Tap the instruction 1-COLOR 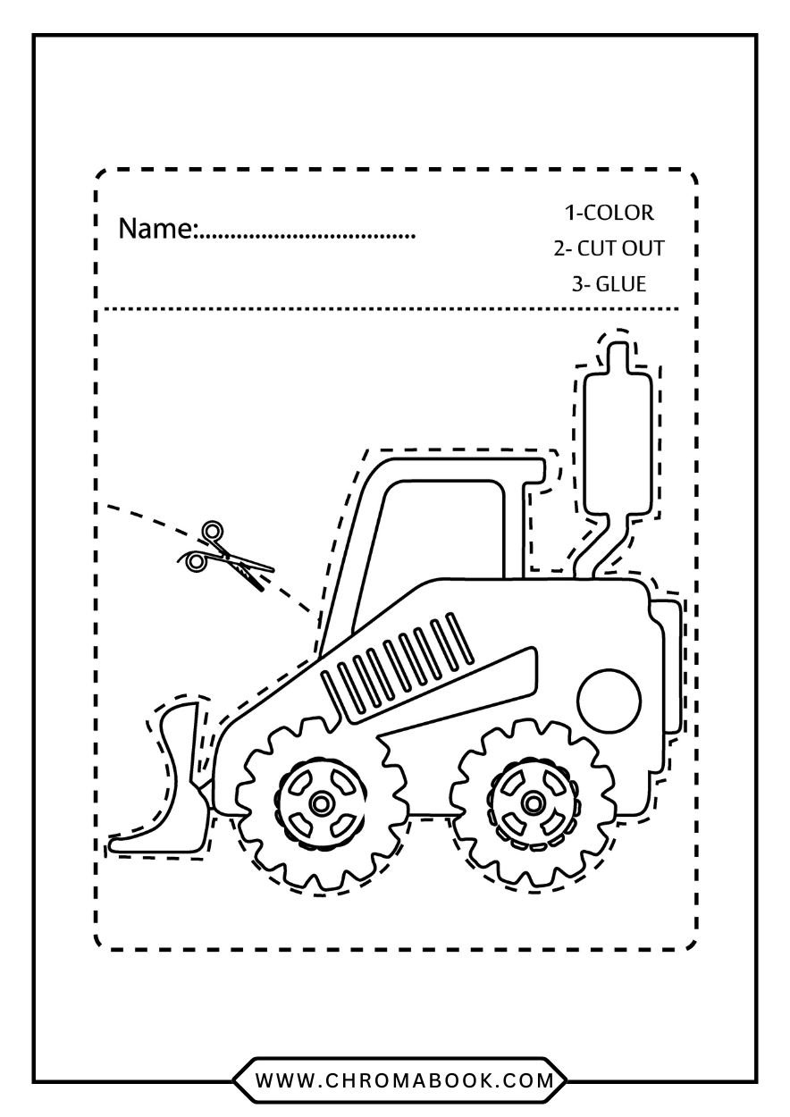[609, 213]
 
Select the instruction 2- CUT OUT [609, 248]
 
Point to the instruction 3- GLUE [609, 284]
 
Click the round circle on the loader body [609, 701]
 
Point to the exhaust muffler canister [618, 443]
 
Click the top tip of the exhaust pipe [618, 343]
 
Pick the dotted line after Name [307, 238]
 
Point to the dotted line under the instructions [391, 309]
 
